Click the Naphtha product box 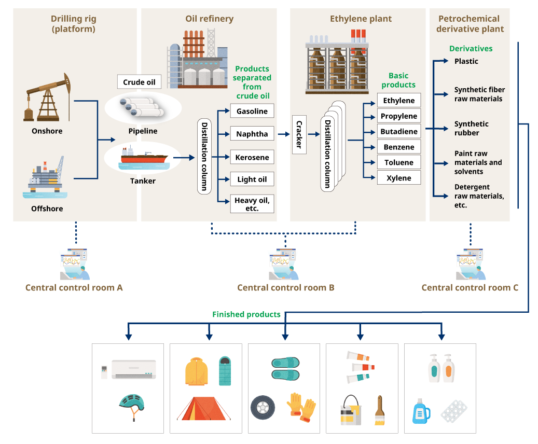coord(252,134)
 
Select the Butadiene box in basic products coord(398,132)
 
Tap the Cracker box coord(299,135)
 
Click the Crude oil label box coord(139,82)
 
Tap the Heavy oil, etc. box coord(252,204)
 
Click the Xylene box coord(398,178)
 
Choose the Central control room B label coord(285,288)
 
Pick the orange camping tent coord(203,408)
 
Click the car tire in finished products coord(263,408)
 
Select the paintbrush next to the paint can coord(380,410)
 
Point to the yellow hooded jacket coord(197,371)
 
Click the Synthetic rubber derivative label coord(472,128)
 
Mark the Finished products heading coord(246,314)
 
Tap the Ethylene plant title coord(361,19)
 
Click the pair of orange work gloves coord(301,406)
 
